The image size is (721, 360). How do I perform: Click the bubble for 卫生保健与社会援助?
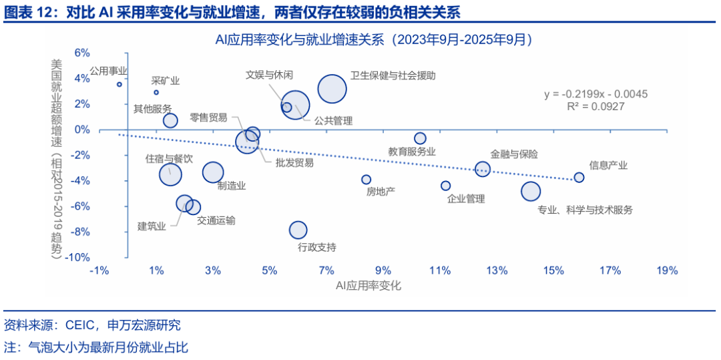coord(332,89)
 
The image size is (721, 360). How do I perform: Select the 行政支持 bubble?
coord(298,230)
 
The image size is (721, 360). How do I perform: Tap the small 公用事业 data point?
coord(119,85)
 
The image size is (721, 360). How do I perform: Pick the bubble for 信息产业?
coord(579,178)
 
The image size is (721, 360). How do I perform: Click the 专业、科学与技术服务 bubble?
coord(531,192)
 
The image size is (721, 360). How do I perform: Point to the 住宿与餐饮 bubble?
coord(170,174)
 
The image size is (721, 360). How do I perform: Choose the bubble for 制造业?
coord(213,172)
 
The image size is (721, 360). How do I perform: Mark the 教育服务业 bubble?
coord(420,138)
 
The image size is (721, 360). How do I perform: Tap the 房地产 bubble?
coord(366,180)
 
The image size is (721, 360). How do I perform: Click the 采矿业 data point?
coord(156,92)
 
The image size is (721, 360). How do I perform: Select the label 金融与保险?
coord(514,154)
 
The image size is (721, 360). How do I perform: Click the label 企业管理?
coord(466,198)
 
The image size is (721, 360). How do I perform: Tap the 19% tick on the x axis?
coord(667,271)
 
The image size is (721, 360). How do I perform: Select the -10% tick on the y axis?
coord(77,257)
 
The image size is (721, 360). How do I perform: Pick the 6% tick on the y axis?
coord(81,53)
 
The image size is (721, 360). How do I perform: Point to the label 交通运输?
coord(216,220)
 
